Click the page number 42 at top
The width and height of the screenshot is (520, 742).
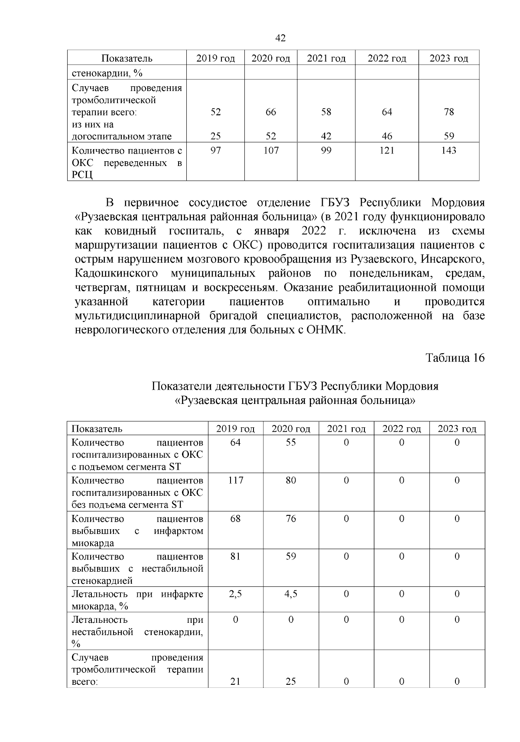point(280,39)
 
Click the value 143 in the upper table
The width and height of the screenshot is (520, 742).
point(449,150)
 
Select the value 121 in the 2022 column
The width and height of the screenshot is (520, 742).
point(387,150)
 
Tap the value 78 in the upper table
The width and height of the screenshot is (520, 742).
point(449,112)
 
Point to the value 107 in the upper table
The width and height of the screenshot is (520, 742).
point(271,150)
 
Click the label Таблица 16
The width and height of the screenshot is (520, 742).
point(455,358)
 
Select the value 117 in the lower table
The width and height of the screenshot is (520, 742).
point(235,481)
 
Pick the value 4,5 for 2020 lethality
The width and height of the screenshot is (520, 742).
point(291,594)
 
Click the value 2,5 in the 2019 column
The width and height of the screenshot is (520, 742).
point(235,594)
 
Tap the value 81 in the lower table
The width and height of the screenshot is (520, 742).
point(235,556)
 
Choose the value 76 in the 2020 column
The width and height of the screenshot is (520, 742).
point(291,519)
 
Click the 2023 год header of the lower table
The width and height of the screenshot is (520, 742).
point(457,429)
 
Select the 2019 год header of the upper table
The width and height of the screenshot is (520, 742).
point(215,59)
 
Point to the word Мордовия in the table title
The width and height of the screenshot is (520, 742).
point(412,386)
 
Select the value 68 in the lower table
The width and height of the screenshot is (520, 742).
point(235,519)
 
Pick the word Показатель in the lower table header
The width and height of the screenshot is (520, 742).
point(97,429)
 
